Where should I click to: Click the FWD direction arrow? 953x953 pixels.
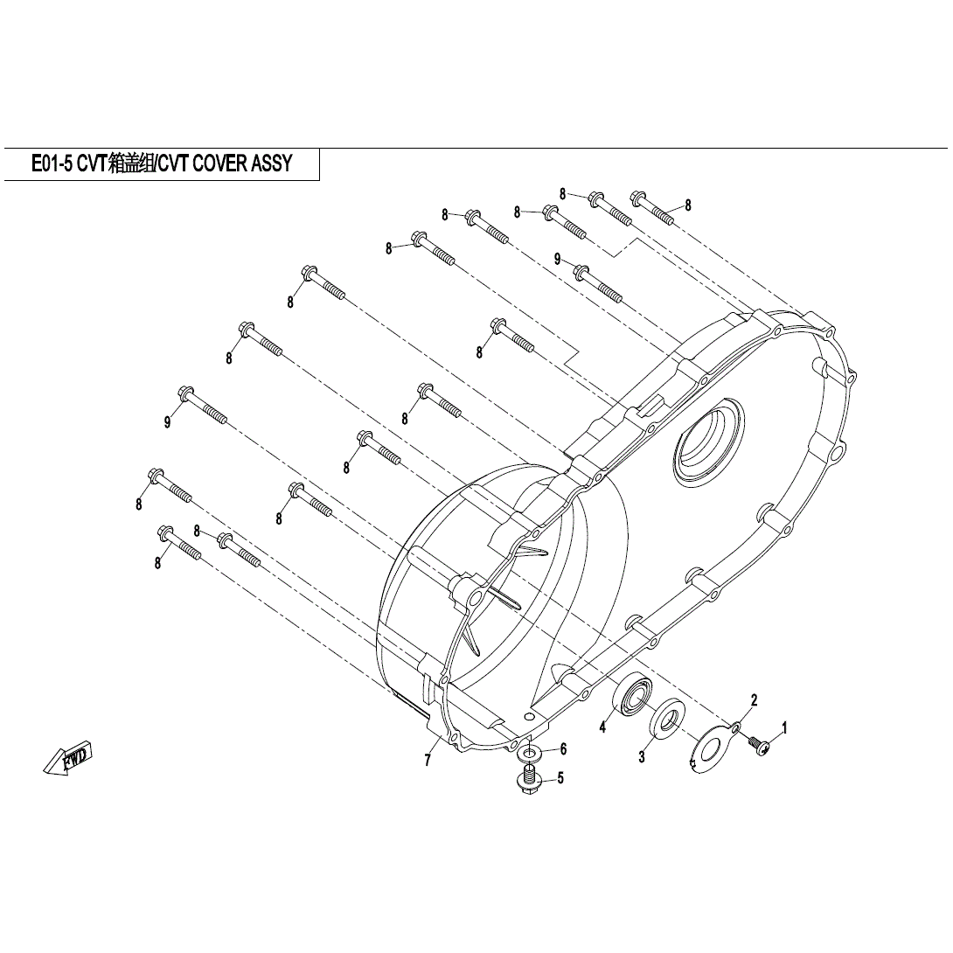68,758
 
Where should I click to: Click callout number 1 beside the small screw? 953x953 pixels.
784,727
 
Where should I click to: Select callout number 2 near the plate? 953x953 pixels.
754,700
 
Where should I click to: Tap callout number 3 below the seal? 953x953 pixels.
641,757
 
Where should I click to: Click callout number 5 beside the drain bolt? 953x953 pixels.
560,776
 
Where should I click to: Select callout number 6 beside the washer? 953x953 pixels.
563,749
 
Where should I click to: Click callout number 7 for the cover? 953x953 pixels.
428,761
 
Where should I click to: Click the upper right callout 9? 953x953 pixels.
557,257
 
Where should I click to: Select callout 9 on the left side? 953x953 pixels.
167,422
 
